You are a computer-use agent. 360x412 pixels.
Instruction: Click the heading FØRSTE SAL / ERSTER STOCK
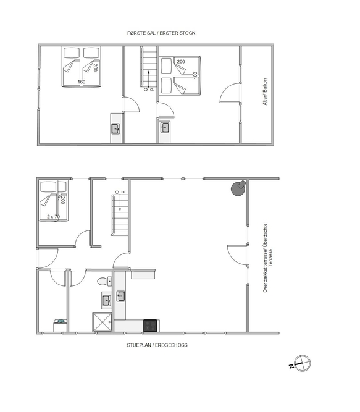pos(161,33)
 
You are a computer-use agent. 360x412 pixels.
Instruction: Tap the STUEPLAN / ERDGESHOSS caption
pos(157,345)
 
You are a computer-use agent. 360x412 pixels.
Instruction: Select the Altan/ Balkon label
pos(265,91)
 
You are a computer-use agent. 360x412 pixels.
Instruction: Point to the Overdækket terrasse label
pos(265,258)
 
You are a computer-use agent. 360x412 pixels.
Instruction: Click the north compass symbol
pos(301,363)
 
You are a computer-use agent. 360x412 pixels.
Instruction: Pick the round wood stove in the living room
pos(238,188)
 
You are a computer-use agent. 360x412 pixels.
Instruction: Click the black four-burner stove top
pos(151,326)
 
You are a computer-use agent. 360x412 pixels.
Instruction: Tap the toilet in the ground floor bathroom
pos(104,282)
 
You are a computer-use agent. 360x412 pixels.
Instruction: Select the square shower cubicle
pos(102,322)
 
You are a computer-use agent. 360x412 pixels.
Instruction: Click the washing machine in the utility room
pos(60,326)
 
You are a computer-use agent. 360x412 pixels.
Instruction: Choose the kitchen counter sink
pos(121,296)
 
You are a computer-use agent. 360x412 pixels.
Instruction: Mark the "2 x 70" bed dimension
pos(53,217)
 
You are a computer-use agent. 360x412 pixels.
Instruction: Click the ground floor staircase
pos(119,215)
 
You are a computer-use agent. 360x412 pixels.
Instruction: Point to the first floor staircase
pos(149,67)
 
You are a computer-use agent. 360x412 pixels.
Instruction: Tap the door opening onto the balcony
pos(230,93)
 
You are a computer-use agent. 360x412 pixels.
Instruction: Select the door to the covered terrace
pos(238,255)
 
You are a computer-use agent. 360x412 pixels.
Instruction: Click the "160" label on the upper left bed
pos(82,82)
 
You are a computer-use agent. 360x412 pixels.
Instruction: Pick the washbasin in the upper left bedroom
pos(115,128)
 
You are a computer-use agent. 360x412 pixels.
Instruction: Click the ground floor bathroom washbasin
pos(106,300)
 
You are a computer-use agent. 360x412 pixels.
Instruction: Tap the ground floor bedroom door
pos(83,238)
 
